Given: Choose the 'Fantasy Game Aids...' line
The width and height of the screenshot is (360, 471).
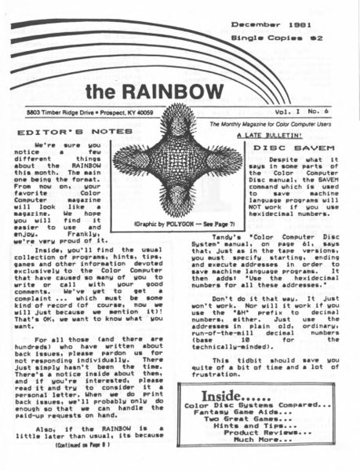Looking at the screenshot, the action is pos(271,418).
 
